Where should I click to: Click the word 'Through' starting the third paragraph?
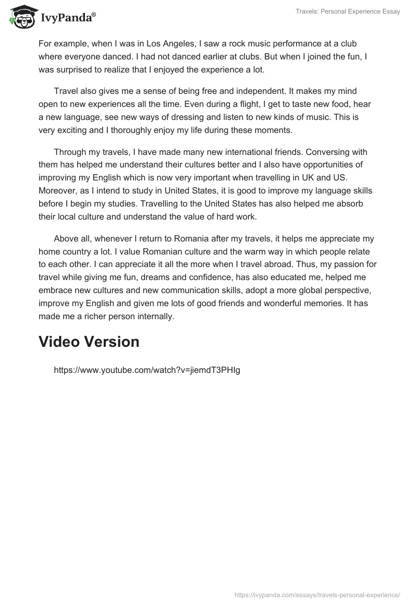point(69,152)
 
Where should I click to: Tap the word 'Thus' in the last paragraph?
point(287,264)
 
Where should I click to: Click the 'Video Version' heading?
point(89,342)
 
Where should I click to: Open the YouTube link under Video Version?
point(147,370)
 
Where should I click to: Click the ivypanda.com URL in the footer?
point(317,595)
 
